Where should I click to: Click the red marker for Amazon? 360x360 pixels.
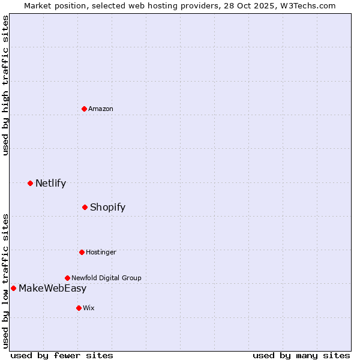tap(85, 109)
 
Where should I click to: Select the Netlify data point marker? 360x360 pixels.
tap(30, 183)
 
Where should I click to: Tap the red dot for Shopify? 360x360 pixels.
tap(85, 207)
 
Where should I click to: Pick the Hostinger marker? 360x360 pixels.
tap(82, 252)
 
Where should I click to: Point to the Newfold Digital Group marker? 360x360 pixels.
tap(67, 278)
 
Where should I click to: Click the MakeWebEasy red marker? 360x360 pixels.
tap(13, 288)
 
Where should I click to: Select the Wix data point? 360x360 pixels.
tap(79, 308)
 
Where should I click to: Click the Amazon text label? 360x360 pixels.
tap(101, 109)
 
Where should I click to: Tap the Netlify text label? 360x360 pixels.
tap(50, 183)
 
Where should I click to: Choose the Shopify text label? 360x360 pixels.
tap(107, 207)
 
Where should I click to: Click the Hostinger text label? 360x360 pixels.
tap(101, 252)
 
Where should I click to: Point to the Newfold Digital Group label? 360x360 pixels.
tap(106, 278)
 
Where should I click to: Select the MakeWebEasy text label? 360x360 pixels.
tap(52, 288)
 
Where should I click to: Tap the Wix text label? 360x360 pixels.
tap(89, 308)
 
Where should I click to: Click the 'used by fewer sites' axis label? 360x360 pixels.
tap(62, 355)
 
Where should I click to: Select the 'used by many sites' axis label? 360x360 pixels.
tap(301, 355)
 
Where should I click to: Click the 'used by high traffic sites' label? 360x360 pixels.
tap(5, 86)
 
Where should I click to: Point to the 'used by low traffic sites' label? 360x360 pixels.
tap(5, 280)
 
